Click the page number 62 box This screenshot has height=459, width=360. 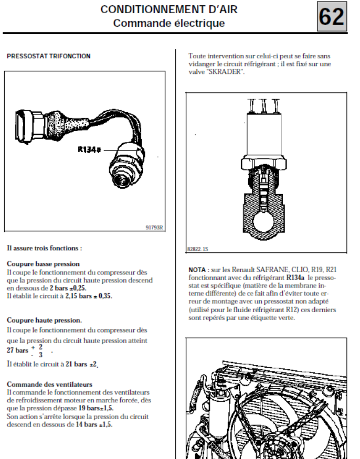[x=332, y=17]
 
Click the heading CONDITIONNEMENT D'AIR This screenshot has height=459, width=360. [x=169, y=9]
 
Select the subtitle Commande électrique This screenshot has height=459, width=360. [x=169, y=23]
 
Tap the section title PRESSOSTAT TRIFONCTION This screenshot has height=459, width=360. [x=48, y=56]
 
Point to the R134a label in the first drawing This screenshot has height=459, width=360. [x=89, y=150]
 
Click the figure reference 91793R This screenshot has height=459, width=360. [x=154, y=228]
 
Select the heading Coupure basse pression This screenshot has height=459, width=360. [x=43, y=264]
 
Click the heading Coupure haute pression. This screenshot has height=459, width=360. [x=44, y=319]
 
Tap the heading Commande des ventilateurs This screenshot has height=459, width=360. [x=49, y=385]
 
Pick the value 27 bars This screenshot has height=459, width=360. [x=17, y=350]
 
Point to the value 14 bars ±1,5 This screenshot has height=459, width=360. [x=93, y=424]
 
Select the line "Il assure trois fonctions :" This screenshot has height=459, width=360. [x=45, y=248]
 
